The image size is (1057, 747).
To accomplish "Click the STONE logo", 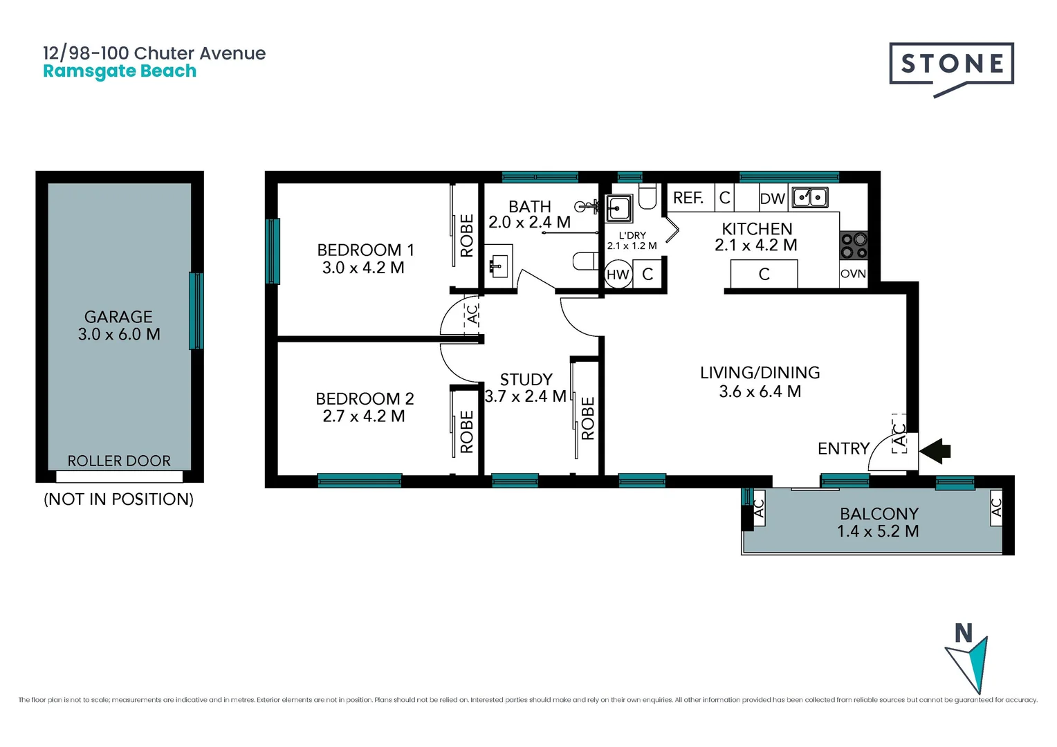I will [951, 65].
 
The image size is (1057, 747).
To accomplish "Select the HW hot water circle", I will [618, 275].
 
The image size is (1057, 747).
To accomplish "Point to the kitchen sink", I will [810, 198].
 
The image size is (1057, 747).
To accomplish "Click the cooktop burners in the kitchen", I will [854, 246].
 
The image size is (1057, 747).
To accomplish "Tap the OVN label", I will [853, 274].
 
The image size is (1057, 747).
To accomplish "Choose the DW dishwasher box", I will [773, 199].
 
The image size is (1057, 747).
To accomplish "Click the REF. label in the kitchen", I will [688, 198].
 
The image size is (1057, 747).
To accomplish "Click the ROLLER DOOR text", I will [119, 461].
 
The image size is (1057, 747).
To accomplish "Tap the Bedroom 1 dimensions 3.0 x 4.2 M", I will [363, 268].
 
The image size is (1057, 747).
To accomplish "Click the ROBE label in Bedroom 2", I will [467, 432].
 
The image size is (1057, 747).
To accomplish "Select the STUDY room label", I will [526, 379].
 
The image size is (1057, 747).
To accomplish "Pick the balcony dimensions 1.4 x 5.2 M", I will [878, 531].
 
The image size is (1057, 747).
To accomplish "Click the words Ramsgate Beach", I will [120, 71].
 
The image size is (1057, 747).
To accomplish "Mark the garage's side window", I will [196, 311].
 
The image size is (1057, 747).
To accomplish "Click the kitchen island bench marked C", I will [764, 274].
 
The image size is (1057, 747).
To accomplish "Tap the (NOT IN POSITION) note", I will [118, 499].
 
